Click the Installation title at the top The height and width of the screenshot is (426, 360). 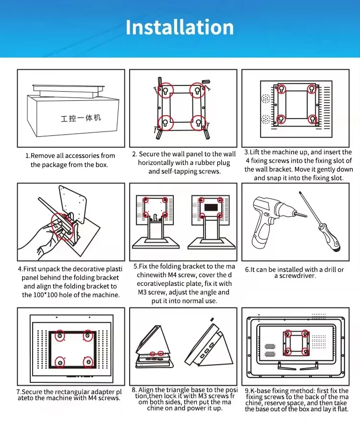point(180,27)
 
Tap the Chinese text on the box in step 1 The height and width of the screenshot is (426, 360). point(81,118)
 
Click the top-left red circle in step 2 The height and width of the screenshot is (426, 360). point(165,91)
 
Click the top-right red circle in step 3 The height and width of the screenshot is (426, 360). point(312,89)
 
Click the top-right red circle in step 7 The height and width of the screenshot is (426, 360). point(88,335)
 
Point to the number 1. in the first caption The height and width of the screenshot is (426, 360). point(28,156)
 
